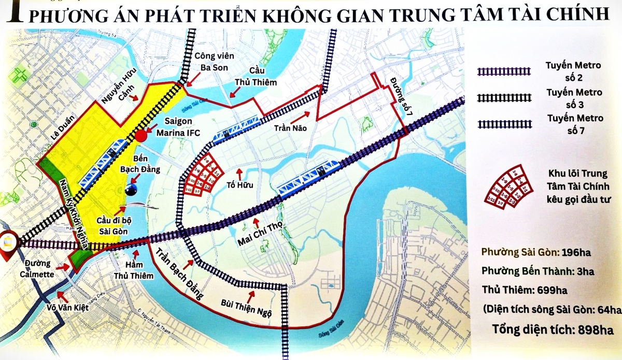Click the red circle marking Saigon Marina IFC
[x=141, y=136]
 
